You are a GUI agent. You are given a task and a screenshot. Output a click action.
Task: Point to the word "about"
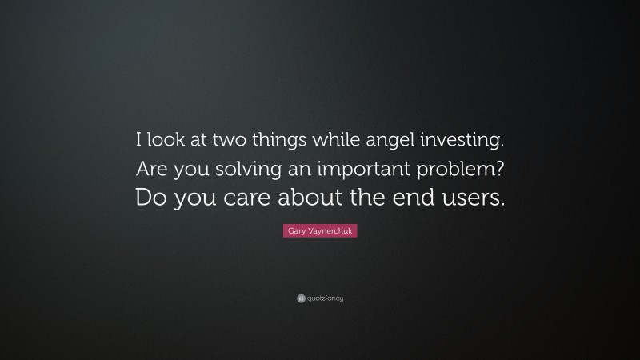point(311,197)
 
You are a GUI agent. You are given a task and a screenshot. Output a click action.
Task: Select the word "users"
point(474,197)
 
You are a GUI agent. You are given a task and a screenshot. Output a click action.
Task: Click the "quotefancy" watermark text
point(325,298)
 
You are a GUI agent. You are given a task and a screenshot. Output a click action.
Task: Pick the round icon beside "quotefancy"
point(301,298)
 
